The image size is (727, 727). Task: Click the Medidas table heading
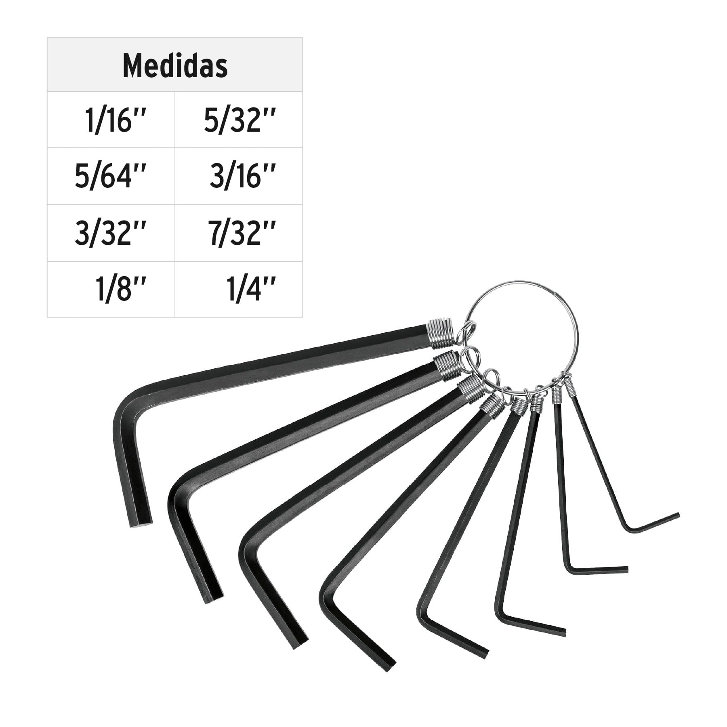tap(175, 66)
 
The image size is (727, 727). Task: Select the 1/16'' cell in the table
tap(111, 120)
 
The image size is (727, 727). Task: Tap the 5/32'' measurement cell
tap(239, 120)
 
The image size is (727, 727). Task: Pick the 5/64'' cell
tap(111, 176)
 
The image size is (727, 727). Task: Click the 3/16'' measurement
tap(239, 176)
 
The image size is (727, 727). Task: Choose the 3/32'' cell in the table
tap(111, 233)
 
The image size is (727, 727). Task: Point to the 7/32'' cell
tap(239, 233)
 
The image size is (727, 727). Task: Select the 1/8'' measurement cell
tap(111, 289)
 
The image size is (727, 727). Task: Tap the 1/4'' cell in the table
tap(239, 289)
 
